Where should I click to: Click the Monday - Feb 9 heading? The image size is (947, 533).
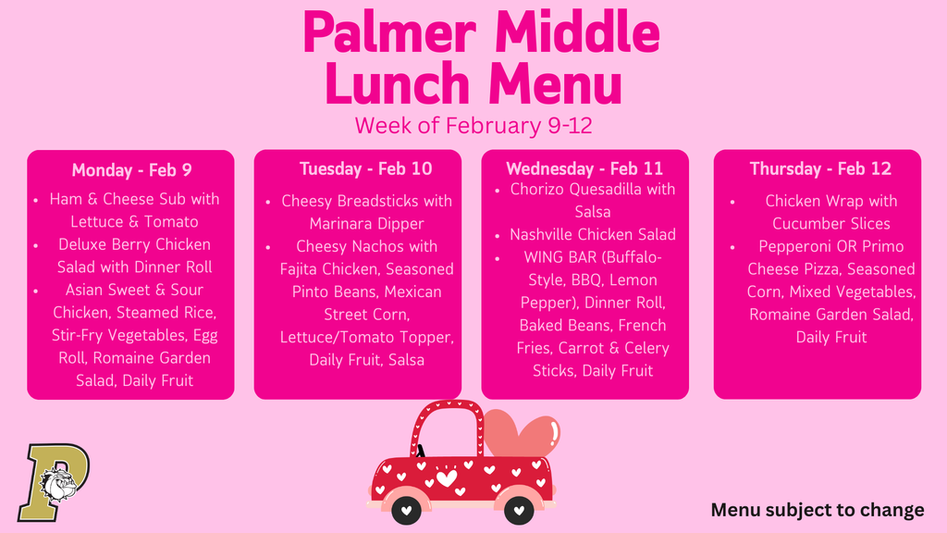point(131,170)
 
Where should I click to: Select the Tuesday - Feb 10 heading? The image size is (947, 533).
point(365,168)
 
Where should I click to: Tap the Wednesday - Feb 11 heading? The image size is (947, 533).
point(584,168)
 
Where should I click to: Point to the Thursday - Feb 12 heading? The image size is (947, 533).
point(820,168)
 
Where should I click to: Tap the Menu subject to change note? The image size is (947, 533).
point(817,510)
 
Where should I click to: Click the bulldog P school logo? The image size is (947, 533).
point(55,481)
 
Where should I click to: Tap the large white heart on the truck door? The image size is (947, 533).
point(447,477)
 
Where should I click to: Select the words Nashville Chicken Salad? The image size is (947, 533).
point(592,235)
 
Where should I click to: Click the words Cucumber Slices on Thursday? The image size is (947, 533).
point(830,224)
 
